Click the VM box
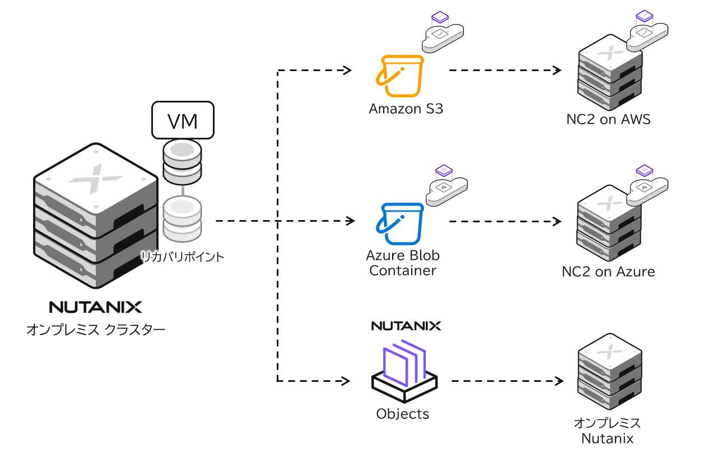point(183,120)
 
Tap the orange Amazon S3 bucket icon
point(401,77)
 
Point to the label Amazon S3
point(406,109)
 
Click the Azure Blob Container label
point(403,263)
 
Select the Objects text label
point(403,414)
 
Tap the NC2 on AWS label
point(608,119)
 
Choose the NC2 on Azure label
point(608,272)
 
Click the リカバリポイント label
point(182,257)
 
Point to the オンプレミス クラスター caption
point(96,330)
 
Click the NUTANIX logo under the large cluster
point(96,307)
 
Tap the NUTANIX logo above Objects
point(406,326)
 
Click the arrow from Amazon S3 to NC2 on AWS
point(504,71)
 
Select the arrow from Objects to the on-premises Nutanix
point(506,381)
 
